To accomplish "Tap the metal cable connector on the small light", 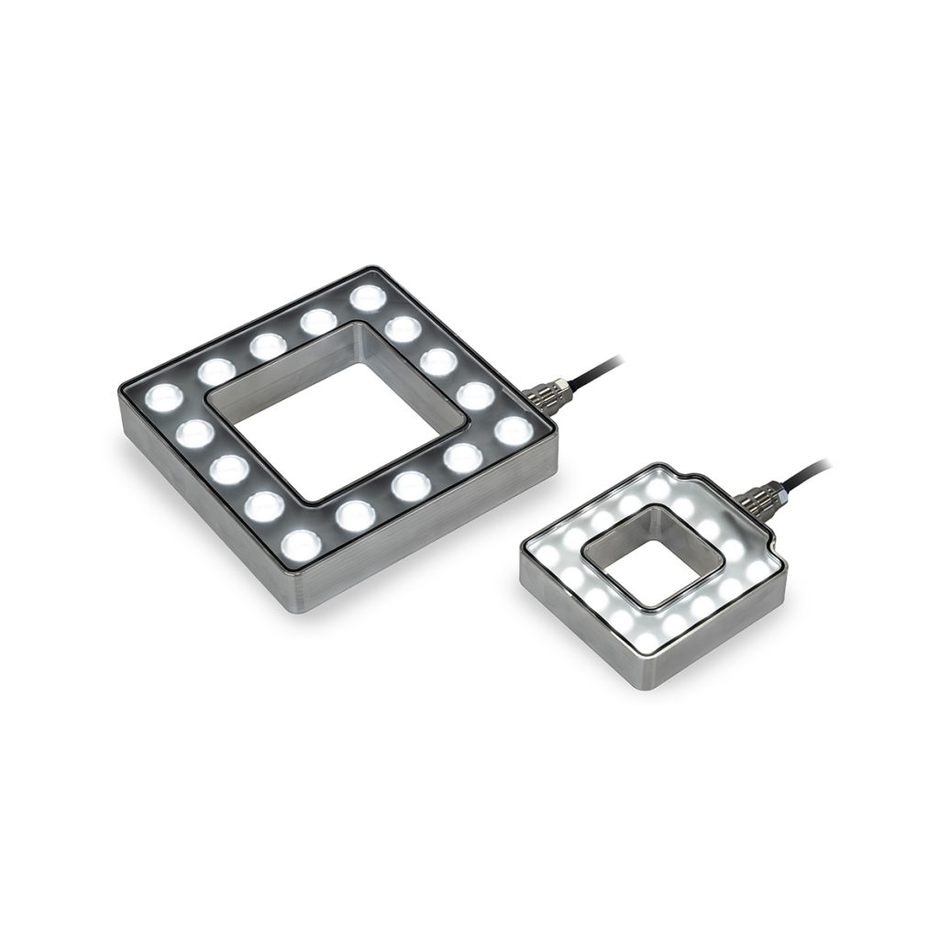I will tap(761, 499).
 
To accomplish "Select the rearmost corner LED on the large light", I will tap(368, 297).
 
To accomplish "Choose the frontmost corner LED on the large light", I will tap(302, 546).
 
